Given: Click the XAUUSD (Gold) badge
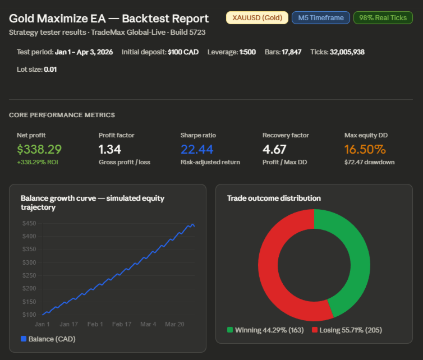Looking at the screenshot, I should [x=256, y=18].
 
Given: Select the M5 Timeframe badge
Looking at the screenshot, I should [x=321, y=18].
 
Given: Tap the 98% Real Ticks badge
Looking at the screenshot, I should [x=383, y=18].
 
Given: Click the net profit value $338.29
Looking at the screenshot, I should [x=39, y=149].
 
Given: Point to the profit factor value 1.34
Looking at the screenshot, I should [x=110, y=149].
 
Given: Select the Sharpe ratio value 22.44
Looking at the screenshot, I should [x=197, y=149].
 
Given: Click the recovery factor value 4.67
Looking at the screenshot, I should [x=275, y=149].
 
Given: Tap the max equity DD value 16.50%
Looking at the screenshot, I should [x=365, y=149].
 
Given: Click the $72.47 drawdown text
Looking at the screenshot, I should [x=370, y=162].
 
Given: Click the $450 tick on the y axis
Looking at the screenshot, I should [x=29, y=223].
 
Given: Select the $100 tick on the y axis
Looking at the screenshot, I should [x=29, y=315].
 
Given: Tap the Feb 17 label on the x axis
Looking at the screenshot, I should [x=122, y=324].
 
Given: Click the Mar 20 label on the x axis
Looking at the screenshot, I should [x=174, y=324].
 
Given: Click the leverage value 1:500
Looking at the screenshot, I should [x=247, y=52].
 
